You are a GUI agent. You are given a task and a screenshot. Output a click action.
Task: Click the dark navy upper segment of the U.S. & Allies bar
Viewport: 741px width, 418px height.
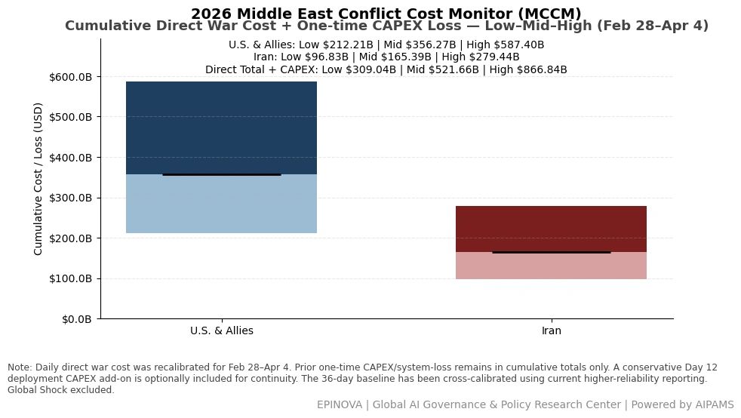[221, 128]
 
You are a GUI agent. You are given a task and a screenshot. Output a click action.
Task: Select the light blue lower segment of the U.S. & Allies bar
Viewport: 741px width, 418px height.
[221, 204]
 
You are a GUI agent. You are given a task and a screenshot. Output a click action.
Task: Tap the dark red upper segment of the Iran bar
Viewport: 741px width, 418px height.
[551, 229]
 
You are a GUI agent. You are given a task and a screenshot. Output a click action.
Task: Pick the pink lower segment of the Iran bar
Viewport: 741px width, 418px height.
[551, 266]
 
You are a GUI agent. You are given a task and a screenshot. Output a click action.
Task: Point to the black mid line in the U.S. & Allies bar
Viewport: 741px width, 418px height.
[222, 175]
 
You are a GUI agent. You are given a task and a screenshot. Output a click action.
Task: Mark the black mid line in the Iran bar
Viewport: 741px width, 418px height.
[552, 252]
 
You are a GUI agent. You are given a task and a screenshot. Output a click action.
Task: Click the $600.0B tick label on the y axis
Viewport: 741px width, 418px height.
[70, 77]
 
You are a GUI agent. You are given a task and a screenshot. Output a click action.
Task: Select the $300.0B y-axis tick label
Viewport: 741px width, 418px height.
[70, 198]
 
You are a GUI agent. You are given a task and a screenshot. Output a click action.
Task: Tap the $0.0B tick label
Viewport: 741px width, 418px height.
[76, 319]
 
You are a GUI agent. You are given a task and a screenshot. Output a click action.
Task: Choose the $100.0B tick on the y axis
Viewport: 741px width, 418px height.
[70, 278]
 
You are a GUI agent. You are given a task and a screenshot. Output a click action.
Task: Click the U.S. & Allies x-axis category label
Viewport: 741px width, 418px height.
[222, 330]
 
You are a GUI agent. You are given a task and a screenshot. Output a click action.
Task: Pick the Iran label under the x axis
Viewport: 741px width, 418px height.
[552, 330]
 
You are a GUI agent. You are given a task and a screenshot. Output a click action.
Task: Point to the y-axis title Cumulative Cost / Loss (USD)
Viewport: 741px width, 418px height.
[38, 179]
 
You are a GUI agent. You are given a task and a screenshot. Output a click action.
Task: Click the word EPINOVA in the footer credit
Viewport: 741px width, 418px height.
[340, 404]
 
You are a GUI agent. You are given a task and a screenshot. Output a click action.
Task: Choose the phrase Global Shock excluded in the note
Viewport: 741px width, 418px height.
[60, 390]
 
